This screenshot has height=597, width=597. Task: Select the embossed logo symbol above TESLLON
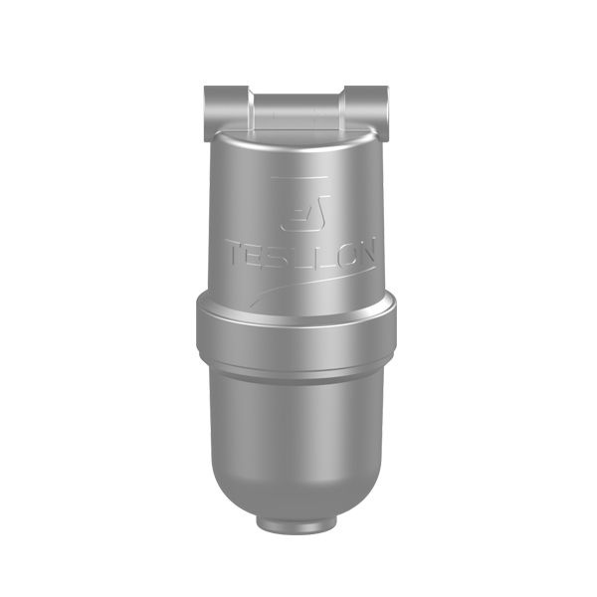305,213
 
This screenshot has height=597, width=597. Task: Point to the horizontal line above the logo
298,177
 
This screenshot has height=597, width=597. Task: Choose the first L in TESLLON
302,254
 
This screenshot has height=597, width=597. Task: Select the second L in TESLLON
321,253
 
